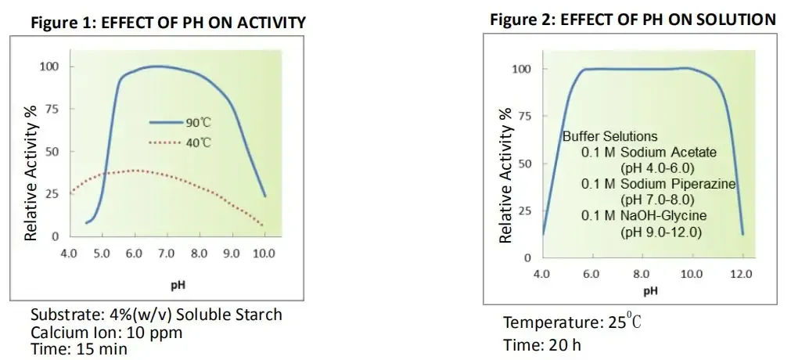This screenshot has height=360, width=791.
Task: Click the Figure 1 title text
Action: coord(168,23)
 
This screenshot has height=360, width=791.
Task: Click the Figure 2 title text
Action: coord(633,20)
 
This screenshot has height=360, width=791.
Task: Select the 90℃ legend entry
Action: coord(180,122)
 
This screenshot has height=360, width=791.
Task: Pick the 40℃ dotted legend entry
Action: coord(180,142)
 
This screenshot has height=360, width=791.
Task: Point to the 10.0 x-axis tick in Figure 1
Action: coord(264,254)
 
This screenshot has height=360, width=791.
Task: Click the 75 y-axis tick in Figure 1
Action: coord(53,109)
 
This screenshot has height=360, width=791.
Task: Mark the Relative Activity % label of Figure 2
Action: coord(506,175)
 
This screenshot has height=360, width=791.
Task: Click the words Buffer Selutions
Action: coord(610,136)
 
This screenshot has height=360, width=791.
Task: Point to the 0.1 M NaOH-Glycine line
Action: coord(644,216)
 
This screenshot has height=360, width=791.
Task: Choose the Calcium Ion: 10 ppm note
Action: coord(106,333)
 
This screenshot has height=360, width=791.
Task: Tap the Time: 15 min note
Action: coord(79,349)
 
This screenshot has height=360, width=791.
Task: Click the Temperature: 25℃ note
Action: coord(572,322)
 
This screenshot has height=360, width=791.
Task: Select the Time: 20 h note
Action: coord(542,345)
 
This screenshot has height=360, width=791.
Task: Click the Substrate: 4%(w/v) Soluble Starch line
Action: coord(156,315)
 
